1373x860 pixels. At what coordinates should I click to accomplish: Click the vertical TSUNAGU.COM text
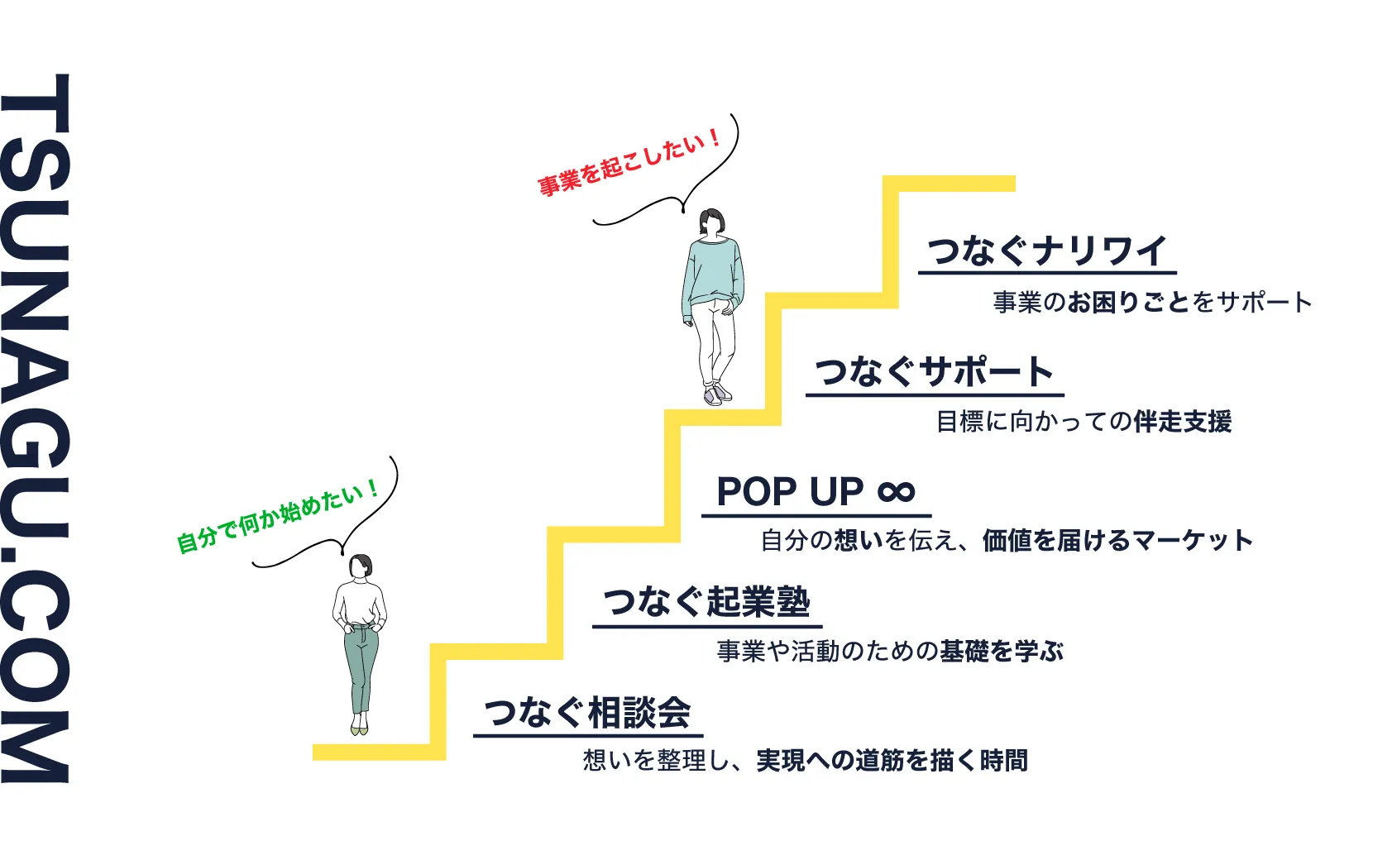coord(35,428)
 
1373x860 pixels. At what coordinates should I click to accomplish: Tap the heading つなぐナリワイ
coord(1046,251)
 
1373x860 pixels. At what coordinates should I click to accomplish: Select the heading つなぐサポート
coord(934,371)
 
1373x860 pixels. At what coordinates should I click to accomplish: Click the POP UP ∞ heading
coord(816,492)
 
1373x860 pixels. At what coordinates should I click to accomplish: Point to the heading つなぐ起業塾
coord(706,602)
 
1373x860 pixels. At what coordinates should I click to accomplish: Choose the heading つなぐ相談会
coord(587,713)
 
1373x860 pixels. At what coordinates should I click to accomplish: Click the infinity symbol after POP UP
coord(897,493)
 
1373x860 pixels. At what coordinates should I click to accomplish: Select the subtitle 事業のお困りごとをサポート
coord(1152,303)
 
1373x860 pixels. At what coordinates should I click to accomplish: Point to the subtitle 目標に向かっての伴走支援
coord(1084,422)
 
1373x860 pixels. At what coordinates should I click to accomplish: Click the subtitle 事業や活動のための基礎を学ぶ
coord(890,652)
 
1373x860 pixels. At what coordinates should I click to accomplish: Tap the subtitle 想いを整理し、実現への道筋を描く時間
coord(805,760)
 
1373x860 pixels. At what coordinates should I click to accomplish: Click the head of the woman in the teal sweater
coord(712,222)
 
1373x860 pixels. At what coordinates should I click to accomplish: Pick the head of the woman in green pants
coord(361,567)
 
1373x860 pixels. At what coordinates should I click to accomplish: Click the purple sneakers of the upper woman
coord(716,394)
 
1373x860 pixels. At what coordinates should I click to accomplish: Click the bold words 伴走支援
coord(1183,422)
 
